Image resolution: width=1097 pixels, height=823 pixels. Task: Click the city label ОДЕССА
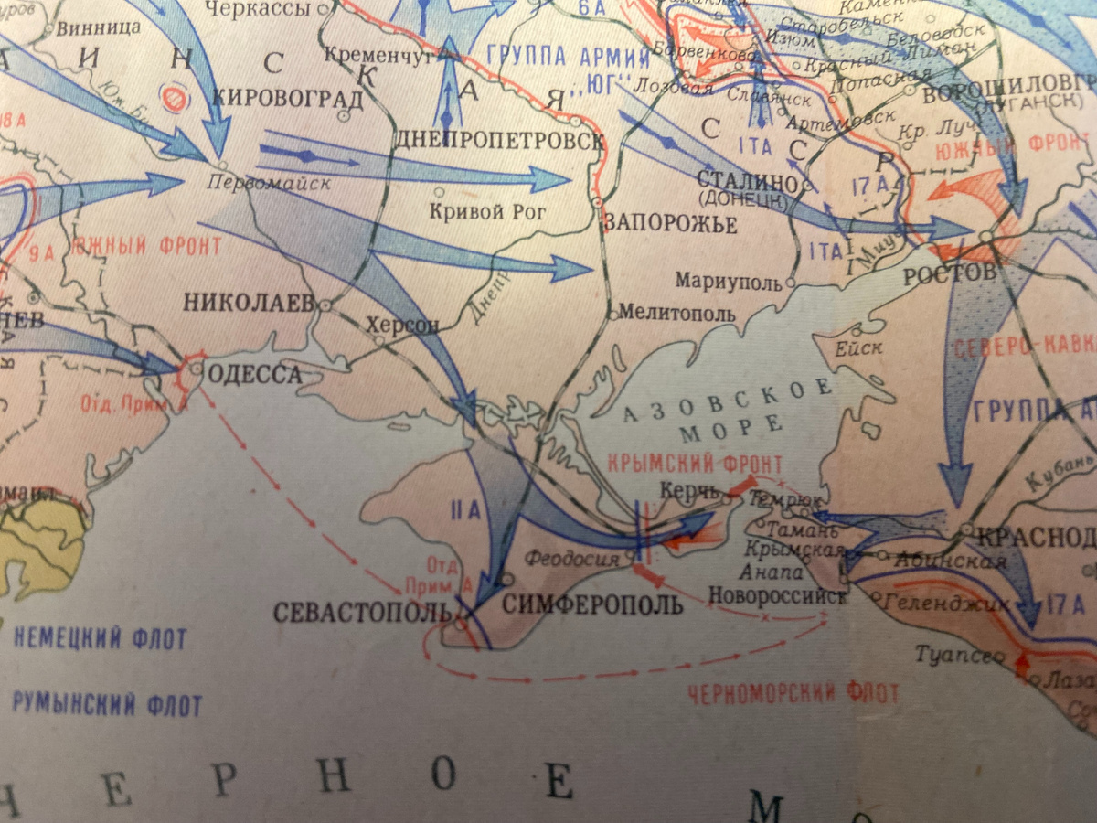(255, 373)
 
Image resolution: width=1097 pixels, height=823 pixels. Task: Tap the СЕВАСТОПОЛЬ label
(364, 612)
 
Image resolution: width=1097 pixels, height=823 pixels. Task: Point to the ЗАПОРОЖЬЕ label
(670, 224)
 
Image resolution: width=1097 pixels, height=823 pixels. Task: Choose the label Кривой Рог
(487, 212)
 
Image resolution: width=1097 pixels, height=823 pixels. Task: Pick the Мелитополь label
(676, 313)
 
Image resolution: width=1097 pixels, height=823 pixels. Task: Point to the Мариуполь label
(730, 282)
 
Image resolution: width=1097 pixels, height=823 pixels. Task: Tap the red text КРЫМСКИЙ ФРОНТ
(695, 465)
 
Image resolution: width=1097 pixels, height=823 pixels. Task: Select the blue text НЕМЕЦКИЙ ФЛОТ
(100, 638)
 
